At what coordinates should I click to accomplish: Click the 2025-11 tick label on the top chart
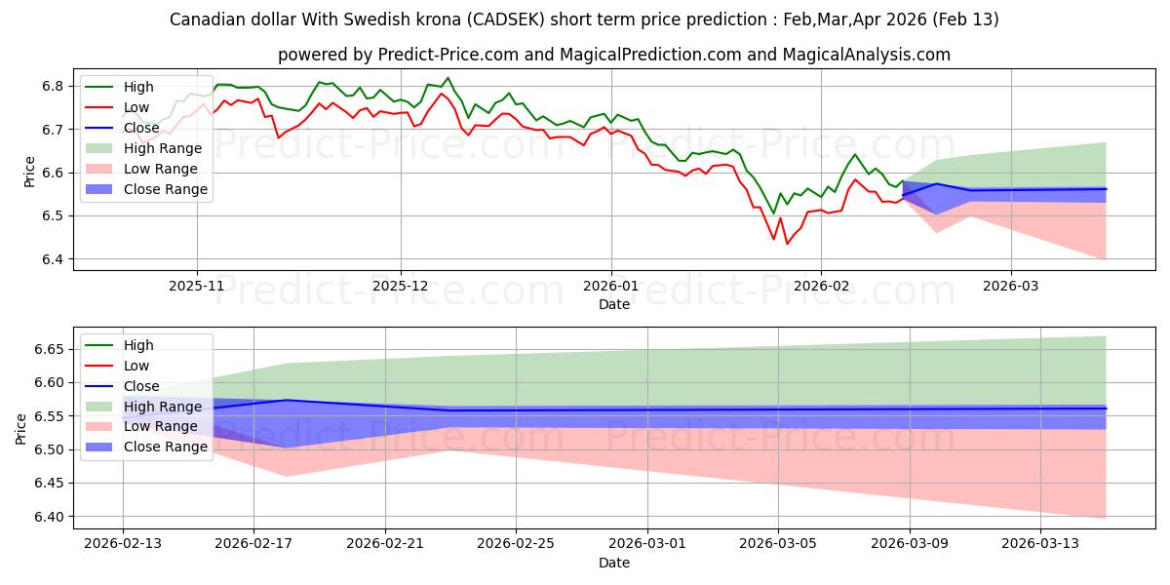(197, 287)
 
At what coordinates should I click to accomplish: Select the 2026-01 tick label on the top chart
(611, 287)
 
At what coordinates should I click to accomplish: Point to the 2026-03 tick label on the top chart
(1010, 287)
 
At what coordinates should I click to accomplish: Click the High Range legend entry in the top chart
(162, 148)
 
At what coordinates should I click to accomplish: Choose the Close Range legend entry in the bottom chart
(166, 447)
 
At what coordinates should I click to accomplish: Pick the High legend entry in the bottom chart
(138, 345)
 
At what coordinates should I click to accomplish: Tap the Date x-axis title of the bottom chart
(613, 563)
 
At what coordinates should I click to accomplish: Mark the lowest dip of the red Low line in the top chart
(787, 244)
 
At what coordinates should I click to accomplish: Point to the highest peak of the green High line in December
(448, 78)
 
